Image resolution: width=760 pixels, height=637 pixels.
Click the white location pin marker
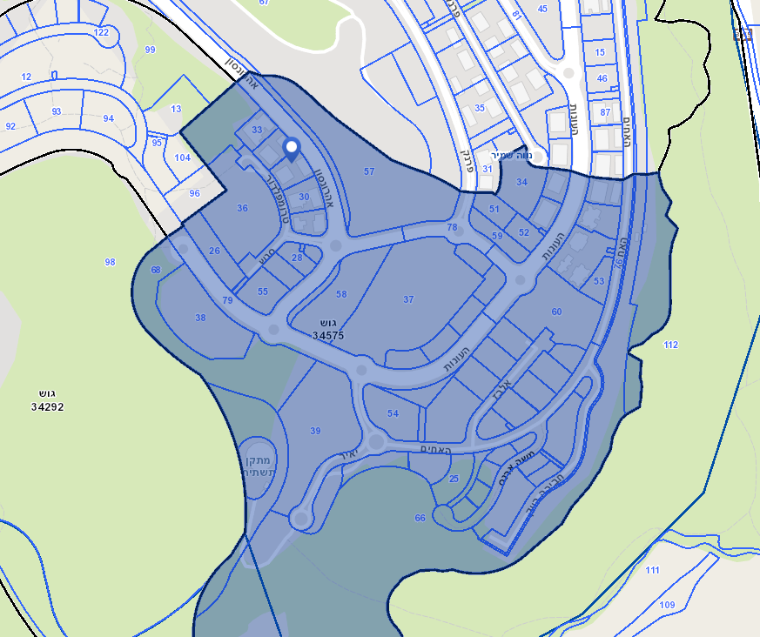(x=292, y=149)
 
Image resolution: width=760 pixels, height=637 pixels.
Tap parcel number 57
(x=369, y=171)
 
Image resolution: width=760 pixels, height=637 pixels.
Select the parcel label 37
(x=408, y=299)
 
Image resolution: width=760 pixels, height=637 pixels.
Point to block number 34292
(x=47, y=406)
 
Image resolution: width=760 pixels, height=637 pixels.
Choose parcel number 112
(x=670, y=345)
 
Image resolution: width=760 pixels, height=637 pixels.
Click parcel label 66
(x=420, y=518)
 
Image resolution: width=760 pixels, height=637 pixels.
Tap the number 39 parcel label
(x=315, y=431)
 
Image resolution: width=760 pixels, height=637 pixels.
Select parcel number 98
(x=110, y=262)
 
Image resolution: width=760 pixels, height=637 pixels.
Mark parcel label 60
(x=556, y=312)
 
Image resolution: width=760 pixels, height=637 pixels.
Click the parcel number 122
(x=101, y=32)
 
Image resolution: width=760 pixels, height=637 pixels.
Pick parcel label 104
(x=182, y=158)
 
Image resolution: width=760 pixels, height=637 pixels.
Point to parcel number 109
(x=667, y=604)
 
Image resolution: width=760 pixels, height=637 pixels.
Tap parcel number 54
(x=393, y=413)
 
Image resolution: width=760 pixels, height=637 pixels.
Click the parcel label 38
(x=201, y=318)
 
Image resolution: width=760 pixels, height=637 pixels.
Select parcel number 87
(x=606, y=112)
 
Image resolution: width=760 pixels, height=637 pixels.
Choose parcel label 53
(x=598, y=281)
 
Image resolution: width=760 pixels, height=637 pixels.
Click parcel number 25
(x=454, y=479)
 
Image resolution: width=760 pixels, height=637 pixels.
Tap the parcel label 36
(x=242, y=208)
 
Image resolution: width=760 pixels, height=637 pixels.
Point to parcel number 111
(x=652, y=570)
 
